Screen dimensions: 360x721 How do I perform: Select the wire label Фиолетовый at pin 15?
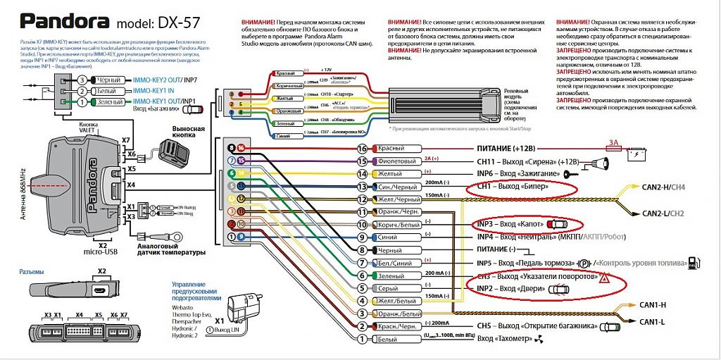[x=399, y=161]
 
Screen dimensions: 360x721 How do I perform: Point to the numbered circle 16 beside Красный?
[x=363, y=149]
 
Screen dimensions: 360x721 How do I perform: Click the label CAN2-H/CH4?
[x=663, y=187]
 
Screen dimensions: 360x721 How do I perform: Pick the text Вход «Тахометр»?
[x=505, y=339]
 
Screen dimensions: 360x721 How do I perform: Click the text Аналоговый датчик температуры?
[x=171, y=248]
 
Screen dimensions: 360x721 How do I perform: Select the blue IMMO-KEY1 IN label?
[x=154, y=92]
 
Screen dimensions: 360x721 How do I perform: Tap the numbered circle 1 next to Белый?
[x=363, y=339]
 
